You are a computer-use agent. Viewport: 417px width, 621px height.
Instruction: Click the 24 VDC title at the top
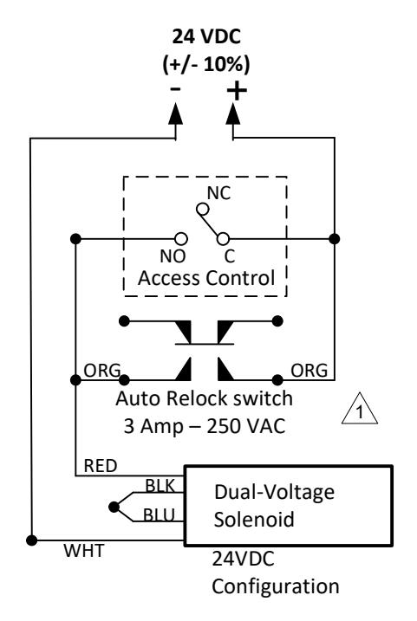[206, 37]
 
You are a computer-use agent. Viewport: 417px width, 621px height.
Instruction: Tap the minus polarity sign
[176, 88]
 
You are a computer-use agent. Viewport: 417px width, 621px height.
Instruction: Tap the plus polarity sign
[237, 90]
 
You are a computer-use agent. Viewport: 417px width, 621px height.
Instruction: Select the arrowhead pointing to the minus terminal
[175, 114]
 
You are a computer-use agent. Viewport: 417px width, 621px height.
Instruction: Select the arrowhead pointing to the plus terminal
[233, 114]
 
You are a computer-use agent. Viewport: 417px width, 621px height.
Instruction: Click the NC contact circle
[203, 209]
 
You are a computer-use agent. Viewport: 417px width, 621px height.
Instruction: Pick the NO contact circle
[181, 239]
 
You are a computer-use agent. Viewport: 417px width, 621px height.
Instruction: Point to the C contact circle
[223, 239]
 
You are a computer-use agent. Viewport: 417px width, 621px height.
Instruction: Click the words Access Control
[206, 278]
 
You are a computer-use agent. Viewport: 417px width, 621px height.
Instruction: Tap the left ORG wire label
[102, 371]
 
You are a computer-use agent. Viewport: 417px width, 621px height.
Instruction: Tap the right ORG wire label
[309, 371]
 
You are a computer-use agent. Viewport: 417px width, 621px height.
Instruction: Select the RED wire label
[101, 466]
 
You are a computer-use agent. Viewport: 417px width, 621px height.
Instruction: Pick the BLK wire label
[160, 486]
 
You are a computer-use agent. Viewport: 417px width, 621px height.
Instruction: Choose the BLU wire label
[159, 514]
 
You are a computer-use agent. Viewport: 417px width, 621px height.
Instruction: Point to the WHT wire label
[84, 551]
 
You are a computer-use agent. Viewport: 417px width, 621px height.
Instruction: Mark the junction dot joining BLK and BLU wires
[114, 507]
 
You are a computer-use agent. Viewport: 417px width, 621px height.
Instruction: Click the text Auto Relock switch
[204, 398]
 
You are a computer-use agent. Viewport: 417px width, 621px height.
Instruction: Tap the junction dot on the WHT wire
[31, 540]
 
